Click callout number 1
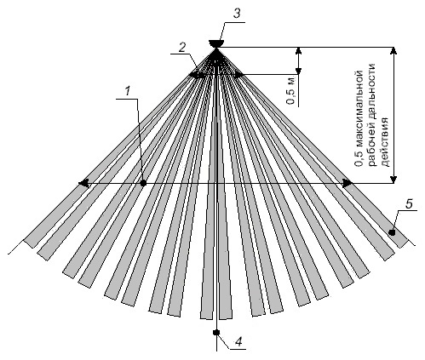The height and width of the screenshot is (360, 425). (128, 91)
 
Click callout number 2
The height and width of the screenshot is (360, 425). (181, 48)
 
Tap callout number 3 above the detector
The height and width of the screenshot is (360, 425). (237, 14)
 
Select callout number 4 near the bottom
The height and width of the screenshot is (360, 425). (238, 342)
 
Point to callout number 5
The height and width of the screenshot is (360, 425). (409, 203)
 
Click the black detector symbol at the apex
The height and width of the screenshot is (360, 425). (216, 43)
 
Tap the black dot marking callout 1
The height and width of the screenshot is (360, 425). (143, 184)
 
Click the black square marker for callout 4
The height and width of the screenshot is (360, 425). (216, 332)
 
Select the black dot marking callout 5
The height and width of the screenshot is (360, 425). (392, 232)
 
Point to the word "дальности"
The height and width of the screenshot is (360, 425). (372, 93)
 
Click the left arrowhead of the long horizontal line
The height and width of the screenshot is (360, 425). (83, 184)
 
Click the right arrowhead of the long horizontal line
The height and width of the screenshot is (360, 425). (347, 184)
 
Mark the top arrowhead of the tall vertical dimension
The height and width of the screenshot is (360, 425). (393, 51)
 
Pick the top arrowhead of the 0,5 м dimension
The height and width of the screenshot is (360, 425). (298, 51)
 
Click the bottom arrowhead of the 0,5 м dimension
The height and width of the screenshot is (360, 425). (298, 71)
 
